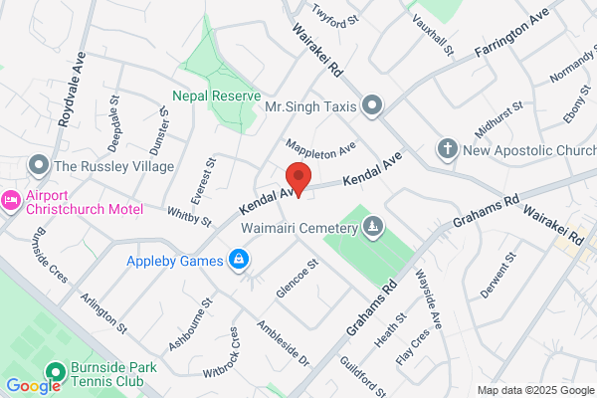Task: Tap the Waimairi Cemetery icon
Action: [372, 227]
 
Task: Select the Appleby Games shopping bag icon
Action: [239, 262]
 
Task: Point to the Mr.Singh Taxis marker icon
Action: [372, 104]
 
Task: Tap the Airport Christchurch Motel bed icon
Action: [11, 200]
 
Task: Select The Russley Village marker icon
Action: [40, 164]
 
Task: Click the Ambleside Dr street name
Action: [284, 343]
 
